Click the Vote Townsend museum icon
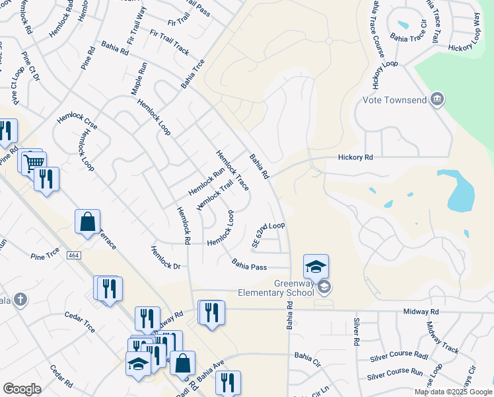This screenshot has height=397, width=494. coord(436,100)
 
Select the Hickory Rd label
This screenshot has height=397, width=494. coord(355,157)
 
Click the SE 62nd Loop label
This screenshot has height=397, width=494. coord(268,234)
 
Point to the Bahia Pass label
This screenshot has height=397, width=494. coord(249,265)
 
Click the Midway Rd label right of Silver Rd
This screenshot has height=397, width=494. coord(421,312)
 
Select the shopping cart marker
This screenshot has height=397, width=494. coord(33,161)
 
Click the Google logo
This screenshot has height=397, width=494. coord(22,389)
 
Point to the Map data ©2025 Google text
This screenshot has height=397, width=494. coord(453,392)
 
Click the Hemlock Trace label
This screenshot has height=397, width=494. coord(233,170)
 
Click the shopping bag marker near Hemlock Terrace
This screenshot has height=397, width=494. coord(87,222)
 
